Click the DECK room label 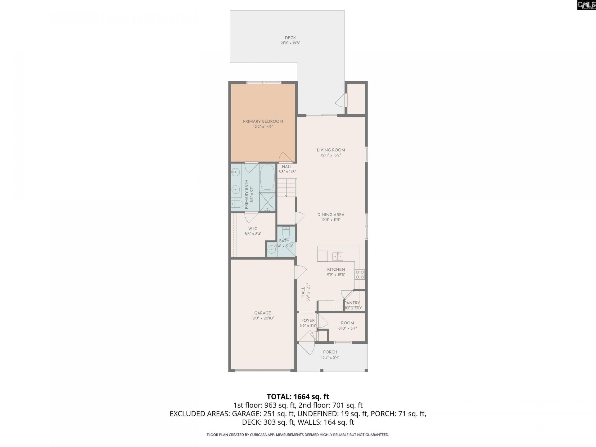point(290,38)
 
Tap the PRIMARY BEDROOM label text point(263,121)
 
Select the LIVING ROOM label point(331,150)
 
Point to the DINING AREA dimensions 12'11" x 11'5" point(331,220)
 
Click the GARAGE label point(263,313)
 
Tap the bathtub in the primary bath point(267,177)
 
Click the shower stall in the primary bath point(267,202)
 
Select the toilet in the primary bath point(237,204)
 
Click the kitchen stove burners point(360,274)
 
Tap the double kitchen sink point(338,256)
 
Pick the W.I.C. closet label point(253,229)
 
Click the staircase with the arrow point(286,188)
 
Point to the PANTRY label point(352,303)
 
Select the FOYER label point(308,320)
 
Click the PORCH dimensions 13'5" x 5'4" point(330,357)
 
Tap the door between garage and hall point(300,273)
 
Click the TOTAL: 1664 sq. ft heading point(298,396)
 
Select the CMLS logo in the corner point(586,5)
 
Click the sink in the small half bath point(272,249)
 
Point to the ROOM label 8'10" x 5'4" point(347,323)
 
